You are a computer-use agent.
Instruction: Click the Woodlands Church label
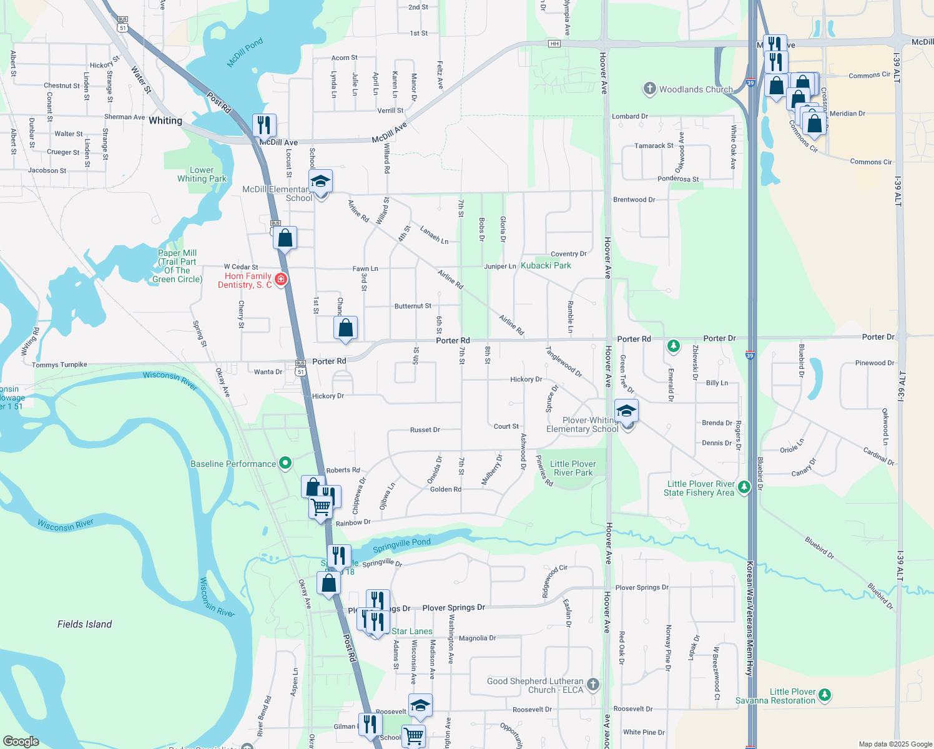(696, 89)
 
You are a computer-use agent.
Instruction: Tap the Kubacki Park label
(546, 265)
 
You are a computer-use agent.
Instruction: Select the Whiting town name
(165, 120)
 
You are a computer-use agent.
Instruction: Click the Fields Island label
(84, 624)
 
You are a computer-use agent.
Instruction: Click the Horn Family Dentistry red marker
(280, 279)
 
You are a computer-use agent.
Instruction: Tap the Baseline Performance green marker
(285, 463)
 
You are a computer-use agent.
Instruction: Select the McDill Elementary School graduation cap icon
(320, 182)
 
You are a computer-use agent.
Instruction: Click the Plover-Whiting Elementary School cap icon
(626, 411)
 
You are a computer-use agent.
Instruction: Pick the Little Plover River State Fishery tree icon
(744, 487)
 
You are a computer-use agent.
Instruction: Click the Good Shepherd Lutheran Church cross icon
(592, 685)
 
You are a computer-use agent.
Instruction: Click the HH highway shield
(554, 44)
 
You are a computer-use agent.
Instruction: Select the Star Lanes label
(412, 631)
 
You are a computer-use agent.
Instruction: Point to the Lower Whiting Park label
(202, 174)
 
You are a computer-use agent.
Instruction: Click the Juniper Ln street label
(500, 267)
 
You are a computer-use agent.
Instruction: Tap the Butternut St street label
(413, 306)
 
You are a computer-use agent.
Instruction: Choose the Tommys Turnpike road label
(59, 365)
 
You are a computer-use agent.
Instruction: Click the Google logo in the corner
(21, 741)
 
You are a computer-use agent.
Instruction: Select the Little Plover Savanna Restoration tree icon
(825, 694)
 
